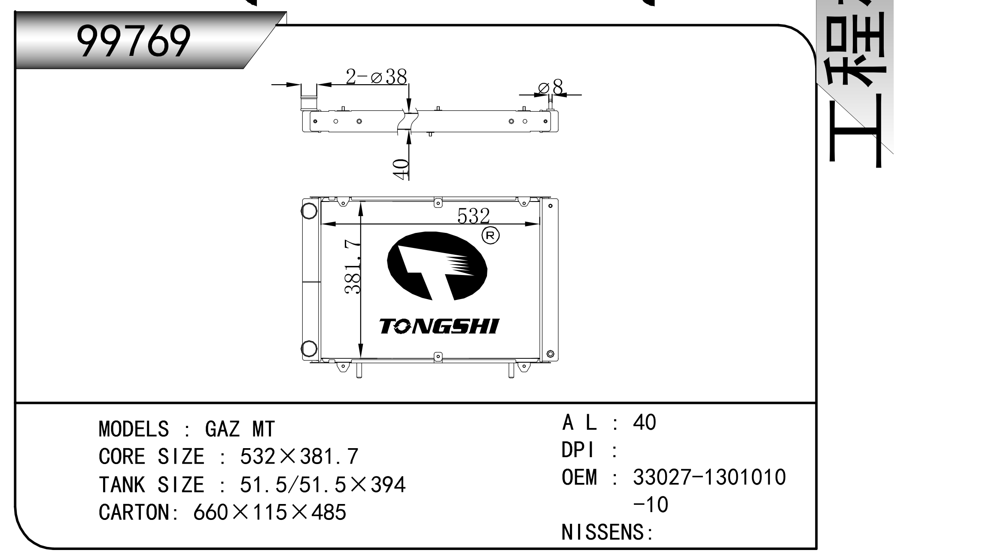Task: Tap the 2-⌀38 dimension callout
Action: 376,77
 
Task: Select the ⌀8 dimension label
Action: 551,87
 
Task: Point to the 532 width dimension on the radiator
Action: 473,216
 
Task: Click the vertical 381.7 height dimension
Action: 353,266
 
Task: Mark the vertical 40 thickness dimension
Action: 400,169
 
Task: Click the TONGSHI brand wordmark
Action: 439,326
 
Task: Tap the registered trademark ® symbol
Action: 491,235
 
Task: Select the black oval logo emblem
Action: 437,266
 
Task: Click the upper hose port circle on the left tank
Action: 310,211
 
